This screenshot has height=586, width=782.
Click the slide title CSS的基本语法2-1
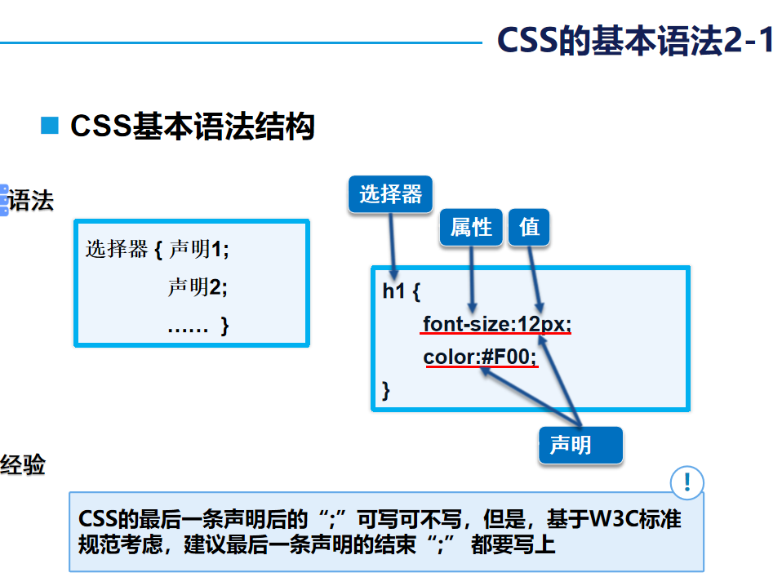(635, 42)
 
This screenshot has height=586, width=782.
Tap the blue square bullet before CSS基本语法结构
(51, 126)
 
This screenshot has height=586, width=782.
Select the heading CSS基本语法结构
(193, 127)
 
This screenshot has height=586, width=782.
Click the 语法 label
(31, 200)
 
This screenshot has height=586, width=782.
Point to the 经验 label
(23, 465)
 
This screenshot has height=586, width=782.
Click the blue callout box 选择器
(390, 194)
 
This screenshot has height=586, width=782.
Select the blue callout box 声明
(580, 446)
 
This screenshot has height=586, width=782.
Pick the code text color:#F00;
(480, 357)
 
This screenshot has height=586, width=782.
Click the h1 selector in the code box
(393, 291)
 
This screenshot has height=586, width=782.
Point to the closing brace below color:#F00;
(387, 390)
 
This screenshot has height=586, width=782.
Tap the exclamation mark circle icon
(686, 482)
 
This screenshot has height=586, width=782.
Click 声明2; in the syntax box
(198, 287)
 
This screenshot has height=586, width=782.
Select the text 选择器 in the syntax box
(117, 249)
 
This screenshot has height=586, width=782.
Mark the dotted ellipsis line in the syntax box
(188, 327)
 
